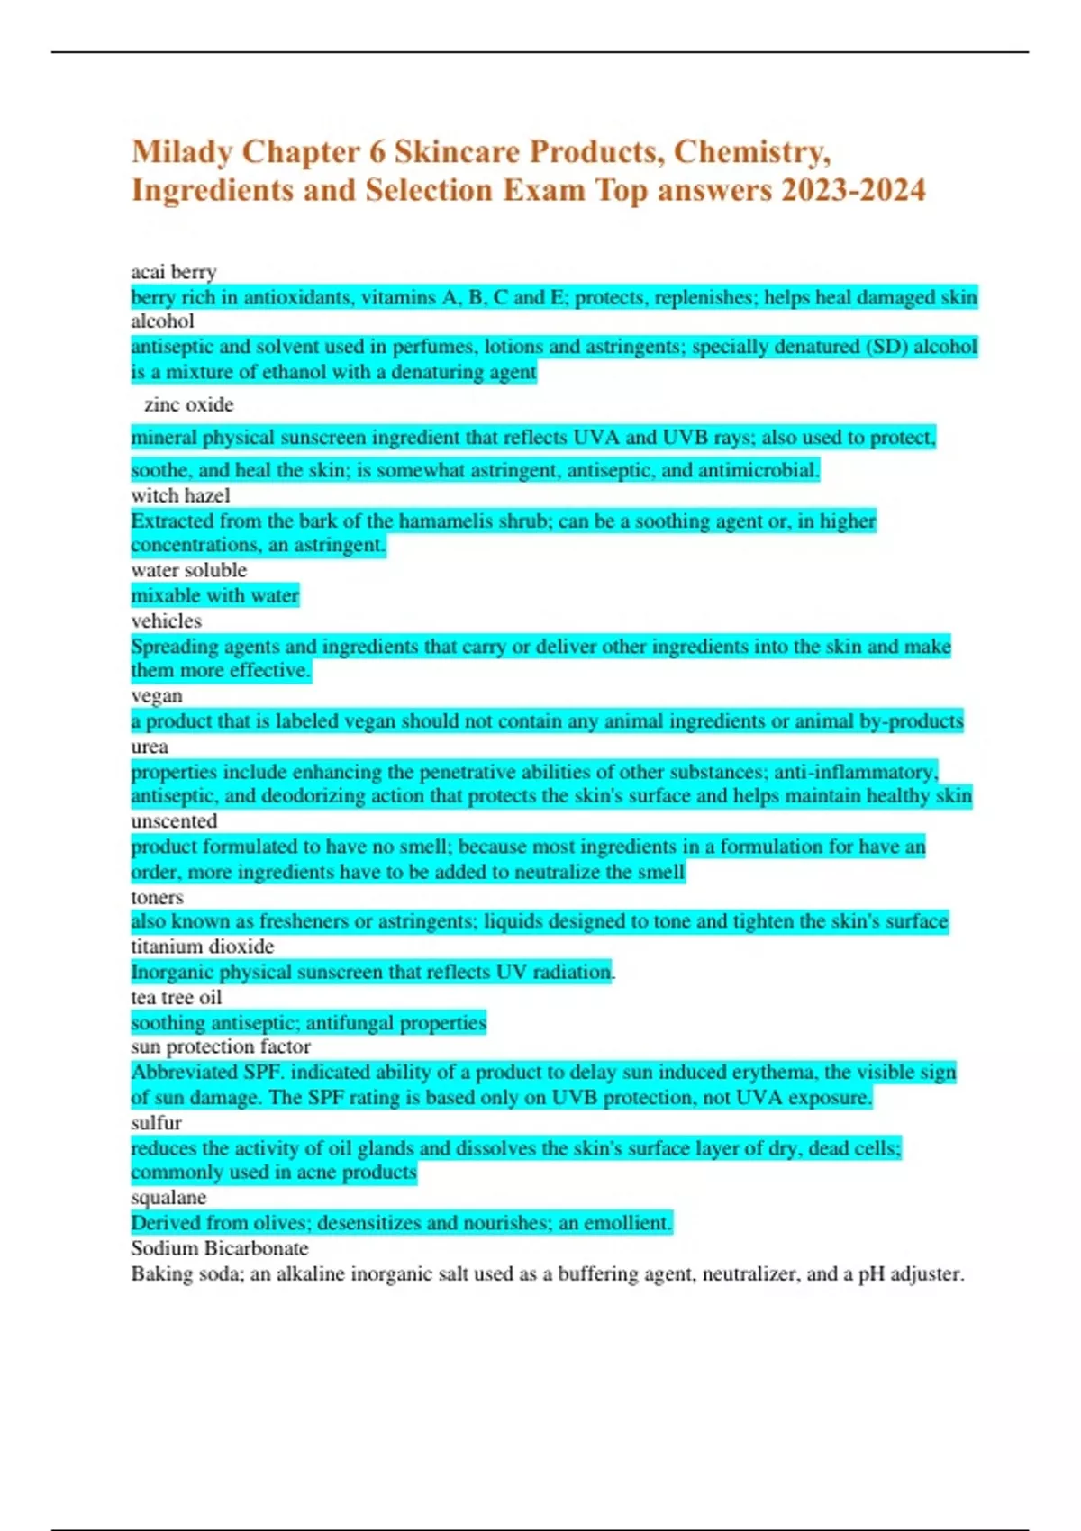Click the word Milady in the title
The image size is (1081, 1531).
pos(182,152)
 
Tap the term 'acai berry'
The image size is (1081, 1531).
pos(174,272)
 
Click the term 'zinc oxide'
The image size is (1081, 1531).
pos(188,405)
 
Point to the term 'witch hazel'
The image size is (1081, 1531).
pos(180,495)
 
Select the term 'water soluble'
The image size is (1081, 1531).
pos(188,570)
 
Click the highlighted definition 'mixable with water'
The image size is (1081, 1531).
pos(214,595)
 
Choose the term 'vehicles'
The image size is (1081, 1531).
pos(166,621)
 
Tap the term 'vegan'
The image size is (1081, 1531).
pos(157,696)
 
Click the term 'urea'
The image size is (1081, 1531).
pos(150,747)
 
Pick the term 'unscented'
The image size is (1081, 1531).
pos(174,821)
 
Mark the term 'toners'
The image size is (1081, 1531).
pos(157,897)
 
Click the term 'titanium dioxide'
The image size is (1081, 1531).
pos(202,947)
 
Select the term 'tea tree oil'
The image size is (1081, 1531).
pos(176,997)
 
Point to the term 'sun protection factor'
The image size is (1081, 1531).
pos(221,1046)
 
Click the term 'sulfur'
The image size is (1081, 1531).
pos(156,1123)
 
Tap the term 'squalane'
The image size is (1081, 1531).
pos(168,1198)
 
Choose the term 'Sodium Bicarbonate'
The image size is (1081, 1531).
pos(219,1248)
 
